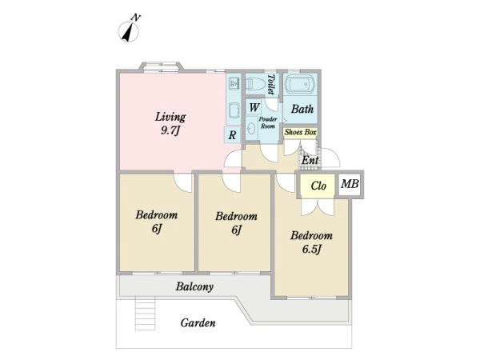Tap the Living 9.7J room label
coord(170,123)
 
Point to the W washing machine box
coord(254,107)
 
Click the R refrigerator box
coord(233,134)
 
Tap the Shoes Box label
coord(300,132)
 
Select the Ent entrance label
coord(310,160)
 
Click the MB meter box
coord(350,184)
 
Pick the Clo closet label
coord(318,186)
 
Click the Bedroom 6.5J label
coord(311,242)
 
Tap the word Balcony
coord(194,286)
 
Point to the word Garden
coord(198,322)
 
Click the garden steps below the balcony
coord(145,314)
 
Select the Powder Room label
coord(268,122)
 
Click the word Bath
coord(302,109)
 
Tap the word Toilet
coord(270,84)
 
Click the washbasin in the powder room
coord(252,129)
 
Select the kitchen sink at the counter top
coord(234,82)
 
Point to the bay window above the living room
coord(162,66)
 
